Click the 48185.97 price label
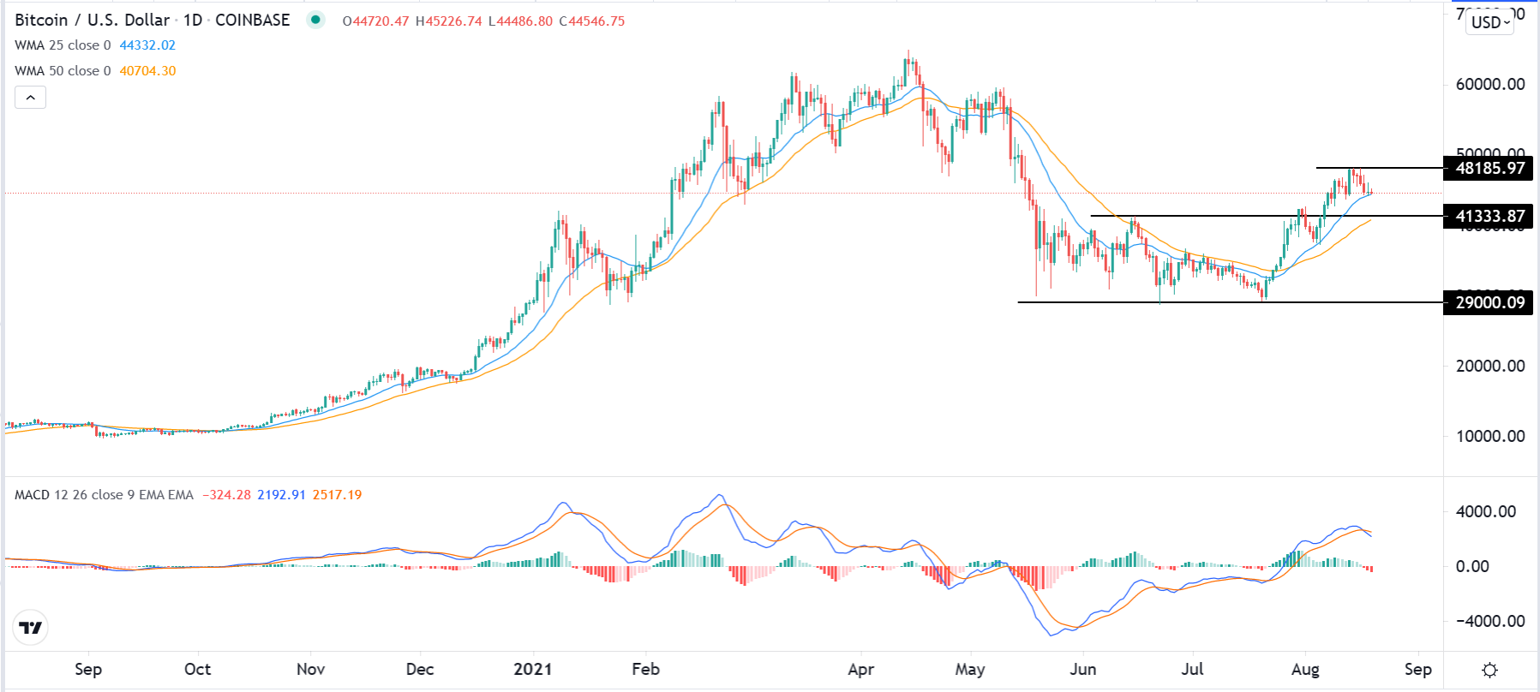coord(1489,168)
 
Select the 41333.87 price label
coord(1489,216)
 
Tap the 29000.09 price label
coord(1489,302)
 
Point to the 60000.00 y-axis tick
coord(1490,84)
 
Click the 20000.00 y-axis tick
coord(1490,366)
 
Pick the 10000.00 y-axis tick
coord(1490,436)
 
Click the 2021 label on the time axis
coord(532,669)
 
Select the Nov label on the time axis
coord(310,669)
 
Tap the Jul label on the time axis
coord(1192,669)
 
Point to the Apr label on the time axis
coord(860,669)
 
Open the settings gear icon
coord(1490,670)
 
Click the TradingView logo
coord(31,628)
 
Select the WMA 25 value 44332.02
coord(147,45)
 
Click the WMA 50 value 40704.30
coord(147,71)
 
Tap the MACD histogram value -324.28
coord(226,495)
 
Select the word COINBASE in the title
coord(252,20)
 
